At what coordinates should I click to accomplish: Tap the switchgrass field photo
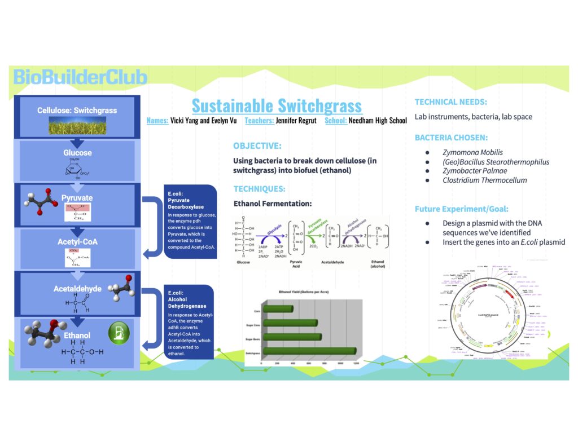tap(77, 126)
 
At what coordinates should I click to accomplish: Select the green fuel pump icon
tap(119, 332)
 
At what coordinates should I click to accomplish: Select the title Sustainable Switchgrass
tap(276, 105)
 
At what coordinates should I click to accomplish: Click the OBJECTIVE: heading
tap(257, 145)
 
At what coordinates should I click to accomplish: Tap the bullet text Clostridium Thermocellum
tap(484, 180)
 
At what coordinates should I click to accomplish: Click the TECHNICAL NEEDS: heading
tap(451, 102)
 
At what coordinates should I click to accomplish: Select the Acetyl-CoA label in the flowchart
tap(77, 241)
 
